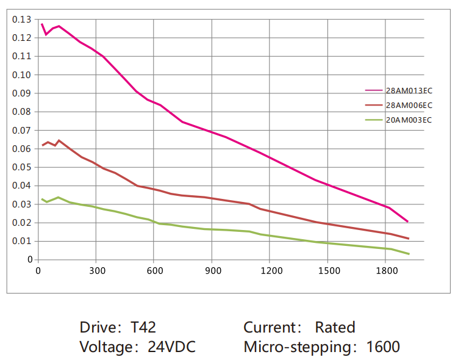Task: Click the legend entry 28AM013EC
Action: (409, 90)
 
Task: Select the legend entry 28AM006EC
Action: (409, 105)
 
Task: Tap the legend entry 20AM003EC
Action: (409, 120)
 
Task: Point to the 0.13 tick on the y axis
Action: (21, 20)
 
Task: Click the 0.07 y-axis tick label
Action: (21, 130)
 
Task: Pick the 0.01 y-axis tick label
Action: (21, 241)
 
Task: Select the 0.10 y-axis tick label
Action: (21, 74)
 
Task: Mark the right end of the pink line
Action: (407, 221)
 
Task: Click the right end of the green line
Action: (409, 254)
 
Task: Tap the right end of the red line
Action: (408, 239)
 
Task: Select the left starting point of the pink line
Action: (41, 23)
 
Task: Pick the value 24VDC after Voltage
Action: (171, 347)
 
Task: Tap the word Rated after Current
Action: (335, 328)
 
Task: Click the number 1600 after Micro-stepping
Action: (383, 347)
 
